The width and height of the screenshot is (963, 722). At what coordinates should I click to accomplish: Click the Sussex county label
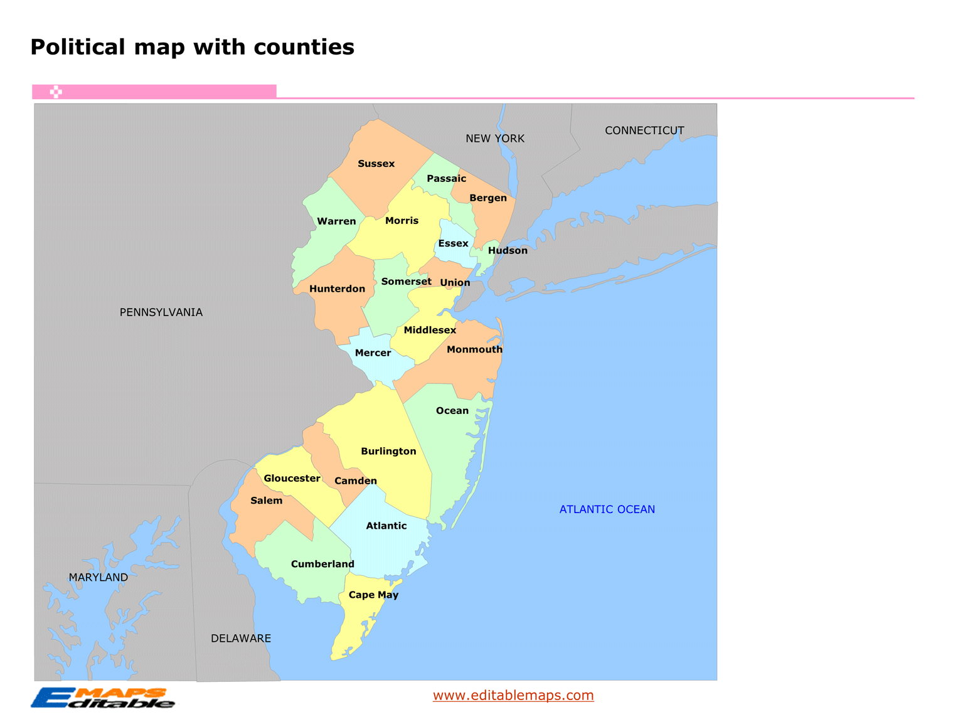[376, 164]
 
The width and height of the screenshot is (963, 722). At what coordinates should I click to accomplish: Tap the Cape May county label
[373, 595]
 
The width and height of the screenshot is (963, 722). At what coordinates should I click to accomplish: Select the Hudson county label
[508, 250]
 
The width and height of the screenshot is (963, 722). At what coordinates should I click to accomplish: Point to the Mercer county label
[373, 353]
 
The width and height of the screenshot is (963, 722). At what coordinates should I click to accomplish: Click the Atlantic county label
[386, 526]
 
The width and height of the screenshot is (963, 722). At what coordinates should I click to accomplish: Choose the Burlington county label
[388, 451]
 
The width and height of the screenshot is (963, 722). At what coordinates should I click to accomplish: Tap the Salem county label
[266, 501]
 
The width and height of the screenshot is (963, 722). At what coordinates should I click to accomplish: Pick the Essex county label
[453, 243]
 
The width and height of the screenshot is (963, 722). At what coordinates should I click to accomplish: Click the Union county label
[455, 282]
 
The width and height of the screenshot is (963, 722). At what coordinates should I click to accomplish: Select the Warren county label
[336, 221]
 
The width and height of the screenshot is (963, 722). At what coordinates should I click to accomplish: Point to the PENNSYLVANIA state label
[161, 312]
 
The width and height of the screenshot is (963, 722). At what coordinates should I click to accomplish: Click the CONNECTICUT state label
[644, 130]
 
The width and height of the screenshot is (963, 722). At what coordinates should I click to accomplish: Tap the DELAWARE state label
[241, 639]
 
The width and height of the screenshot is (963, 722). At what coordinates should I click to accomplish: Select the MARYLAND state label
[98, 577]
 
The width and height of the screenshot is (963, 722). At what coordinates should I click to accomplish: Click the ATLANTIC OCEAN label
[607, 509]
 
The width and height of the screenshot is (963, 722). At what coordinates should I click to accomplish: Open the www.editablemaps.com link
[513, 695]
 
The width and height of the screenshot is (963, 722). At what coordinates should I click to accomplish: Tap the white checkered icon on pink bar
[56, 92]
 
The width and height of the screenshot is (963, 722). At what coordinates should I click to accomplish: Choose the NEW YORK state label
[494, 139]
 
